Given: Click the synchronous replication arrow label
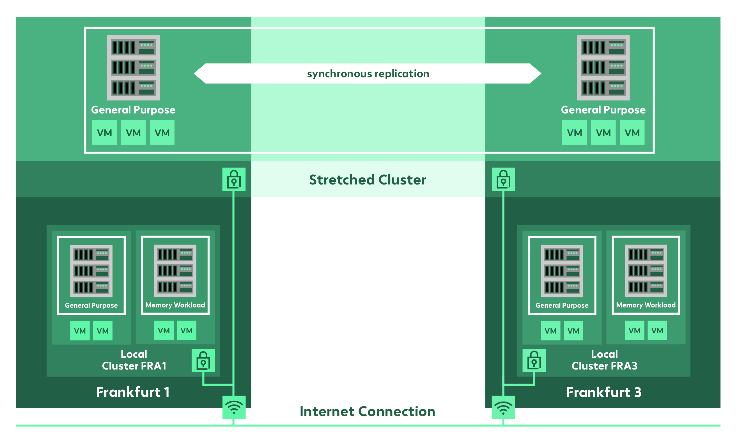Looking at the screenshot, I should tap(368, 74).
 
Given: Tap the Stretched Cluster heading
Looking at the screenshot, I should tap(368, 180).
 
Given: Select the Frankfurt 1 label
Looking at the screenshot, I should tap(133, 392).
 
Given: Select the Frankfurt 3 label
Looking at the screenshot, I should tap(604, 392).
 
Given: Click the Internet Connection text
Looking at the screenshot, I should tap(368, 412).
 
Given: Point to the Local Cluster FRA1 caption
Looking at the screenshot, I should tap(134, 360).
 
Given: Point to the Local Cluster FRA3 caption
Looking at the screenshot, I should tap(604, 360).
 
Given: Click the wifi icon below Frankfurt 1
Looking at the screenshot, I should tap(234, 407).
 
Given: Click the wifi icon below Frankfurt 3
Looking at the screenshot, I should tap(503, 407).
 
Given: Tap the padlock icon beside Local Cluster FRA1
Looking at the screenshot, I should tap(203, 360).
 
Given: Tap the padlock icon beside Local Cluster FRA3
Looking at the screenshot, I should tap(534, 360).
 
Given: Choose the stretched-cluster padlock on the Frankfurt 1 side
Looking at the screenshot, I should tap(234, 179).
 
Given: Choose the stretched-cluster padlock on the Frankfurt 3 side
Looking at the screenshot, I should tap(503, 179).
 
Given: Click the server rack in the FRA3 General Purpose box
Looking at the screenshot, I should tap(562, 271).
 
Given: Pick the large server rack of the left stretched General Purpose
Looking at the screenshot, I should tap(133, 68).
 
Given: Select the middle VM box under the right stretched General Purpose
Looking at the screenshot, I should tap(603, 133).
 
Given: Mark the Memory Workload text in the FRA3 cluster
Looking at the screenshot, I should tap(646, 305).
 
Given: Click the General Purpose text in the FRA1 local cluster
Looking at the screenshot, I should tap(91, 305).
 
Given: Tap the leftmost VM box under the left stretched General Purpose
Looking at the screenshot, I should tap(104, 133).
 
